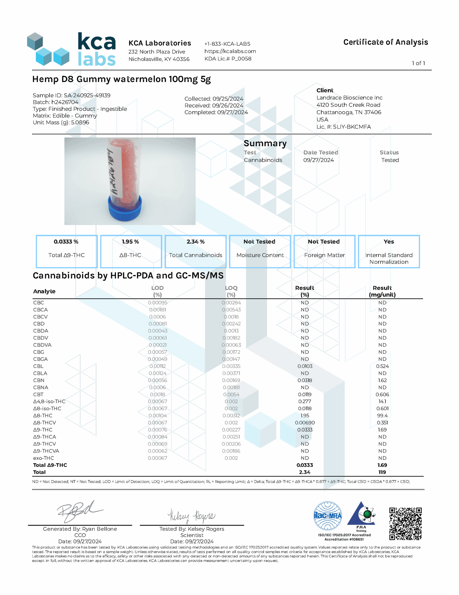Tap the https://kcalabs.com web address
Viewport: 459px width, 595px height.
coord(230,51)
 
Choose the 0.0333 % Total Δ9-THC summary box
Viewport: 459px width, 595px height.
coord(66,251)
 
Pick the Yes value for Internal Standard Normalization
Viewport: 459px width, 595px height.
coord(388,242)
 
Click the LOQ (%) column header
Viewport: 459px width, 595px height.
coord(231,291)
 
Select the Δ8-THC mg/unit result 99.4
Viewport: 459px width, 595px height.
coord(382,416)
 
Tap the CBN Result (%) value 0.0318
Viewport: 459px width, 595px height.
coord(305,380)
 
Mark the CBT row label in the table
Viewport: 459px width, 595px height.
coord(38,394)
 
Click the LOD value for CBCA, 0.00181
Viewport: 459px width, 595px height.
coord(158,310)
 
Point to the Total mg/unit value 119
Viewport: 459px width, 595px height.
coord(382,472)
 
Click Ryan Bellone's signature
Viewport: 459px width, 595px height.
coord(79,511)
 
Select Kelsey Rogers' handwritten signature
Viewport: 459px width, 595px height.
coord(191,516)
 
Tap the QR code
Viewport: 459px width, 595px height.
coord(405,523)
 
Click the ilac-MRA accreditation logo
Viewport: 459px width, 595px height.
coord(328,516)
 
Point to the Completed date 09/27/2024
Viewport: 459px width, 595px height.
coord(232,112)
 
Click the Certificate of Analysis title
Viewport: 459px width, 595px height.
coord(385,42)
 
